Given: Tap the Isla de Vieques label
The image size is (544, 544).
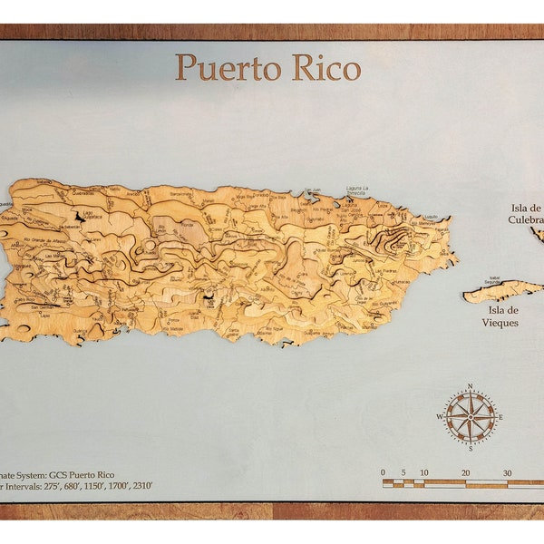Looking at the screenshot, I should coord(500,316).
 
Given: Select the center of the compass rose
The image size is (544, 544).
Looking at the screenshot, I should coord(470,416).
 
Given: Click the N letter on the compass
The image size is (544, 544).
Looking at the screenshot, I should coord(470,387).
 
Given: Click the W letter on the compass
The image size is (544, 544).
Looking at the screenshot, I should coord(441,417).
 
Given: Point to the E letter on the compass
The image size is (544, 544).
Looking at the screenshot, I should coord(500,417).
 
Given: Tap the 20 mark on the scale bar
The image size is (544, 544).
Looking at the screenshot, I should coord(465,472).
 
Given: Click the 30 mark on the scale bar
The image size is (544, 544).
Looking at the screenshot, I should coord(508,472).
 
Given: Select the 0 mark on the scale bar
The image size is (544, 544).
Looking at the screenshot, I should coord(384,472).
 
